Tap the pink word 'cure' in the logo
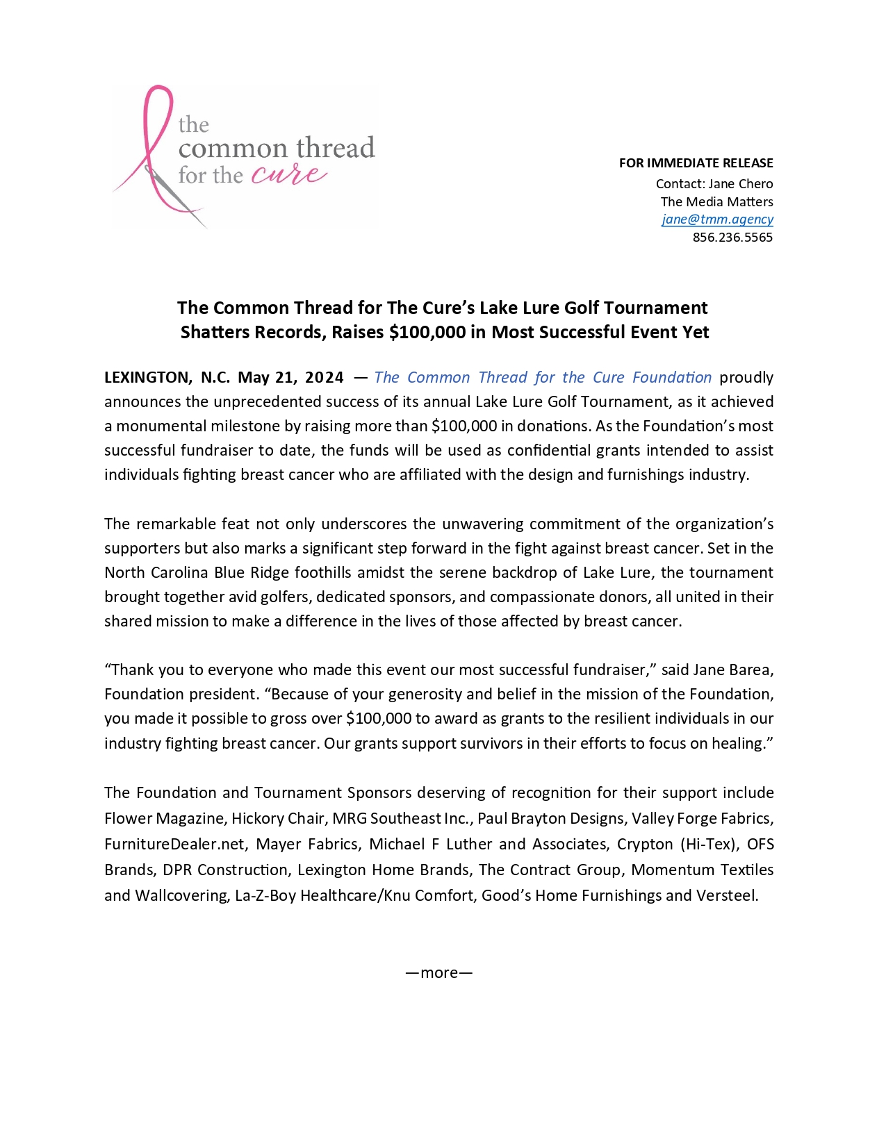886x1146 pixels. [288, 174]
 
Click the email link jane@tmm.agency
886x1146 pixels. [717, 219]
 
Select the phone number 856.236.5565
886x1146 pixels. [732, 238]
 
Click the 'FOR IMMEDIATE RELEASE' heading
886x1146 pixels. [696, 163]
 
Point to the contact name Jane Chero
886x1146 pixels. [740, 184]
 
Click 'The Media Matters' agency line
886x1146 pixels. [716, 202]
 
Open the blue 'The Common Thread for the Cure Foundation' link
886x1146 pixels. [543, 378]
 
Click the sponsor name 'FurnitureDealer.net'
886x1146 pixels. [174, 845]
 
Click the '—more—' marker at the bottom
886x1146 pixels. [439, 973]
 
